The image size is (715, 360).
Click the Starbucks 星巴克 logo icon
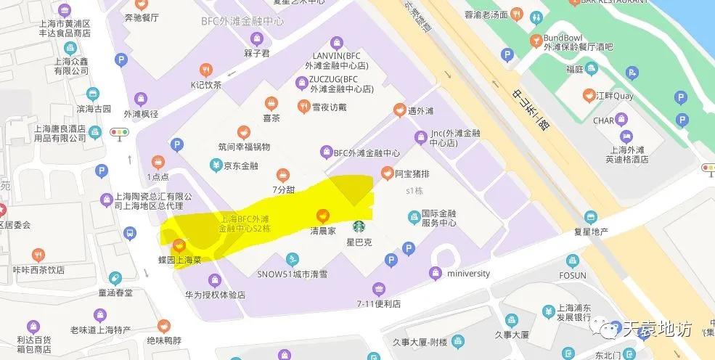coord(359,227)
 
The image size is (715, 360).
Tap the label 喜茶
coord(271,117)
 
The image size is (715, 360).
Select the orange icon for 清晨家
coord(322,215)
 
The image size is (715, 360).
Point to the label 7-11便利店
coord(378,303)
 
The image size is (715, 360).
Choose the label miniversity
coord(467,274)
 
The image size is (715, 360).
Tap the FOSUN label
coord(573,275)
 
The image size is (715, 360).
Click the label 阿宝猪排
coord(412,174)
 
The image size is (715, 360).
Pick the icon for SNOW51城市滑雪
coord(292,260)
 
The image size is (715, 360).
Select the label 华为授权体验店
coord(215,295)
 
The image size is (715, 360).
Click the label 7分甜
coord(283,189)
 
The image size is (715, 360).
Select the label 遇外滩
coord(420,111)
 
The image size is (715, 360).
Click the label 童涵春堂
coord(115,292)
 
